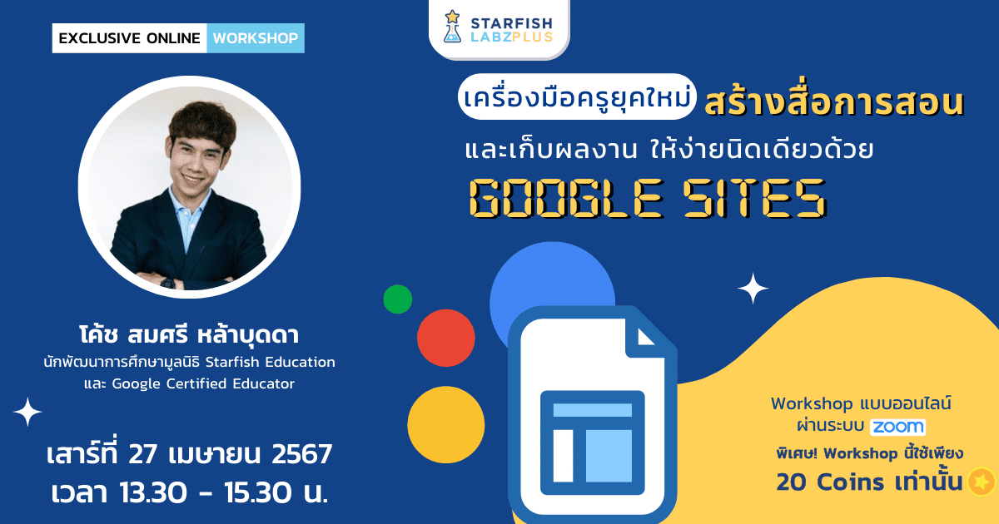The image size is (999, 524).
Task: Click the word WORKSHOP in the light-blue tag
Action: (255, 38)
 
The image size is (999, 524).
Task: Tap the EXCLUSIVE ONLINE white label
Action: (129, 38)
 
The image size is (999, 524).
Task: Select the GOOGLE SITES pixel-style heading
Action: (648, 198)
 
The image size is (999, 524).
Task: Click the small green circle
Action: (397, 299)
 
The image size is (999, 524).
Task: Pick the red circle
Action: (445, 339)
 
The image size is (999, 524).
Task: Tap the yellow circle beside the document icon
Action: (445, 425)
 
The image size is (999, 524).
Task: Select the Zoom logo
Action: (897, 427)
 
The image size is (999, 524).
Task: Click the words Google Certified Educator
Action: (203, 383)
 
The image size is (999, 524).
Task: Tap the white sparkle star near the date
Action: (27, 413)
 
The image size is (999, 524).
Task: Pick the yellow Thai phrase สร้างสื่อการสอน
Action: (833, 103)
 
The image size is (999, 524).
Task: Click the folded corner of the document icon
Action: (654, 334)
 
